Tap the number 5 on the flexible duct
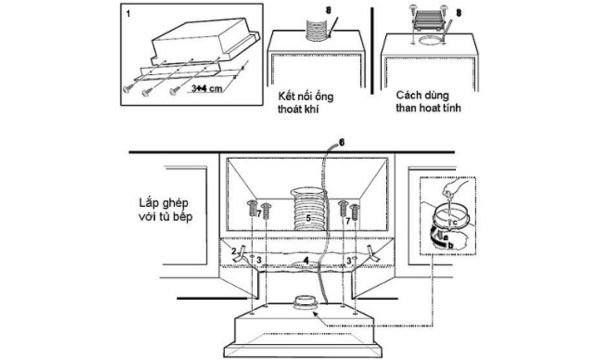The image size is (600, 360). point(308,215)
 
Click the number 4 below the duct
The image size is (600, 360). point(305,257)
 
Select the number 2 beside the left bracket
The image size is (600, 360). point(234,248)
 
